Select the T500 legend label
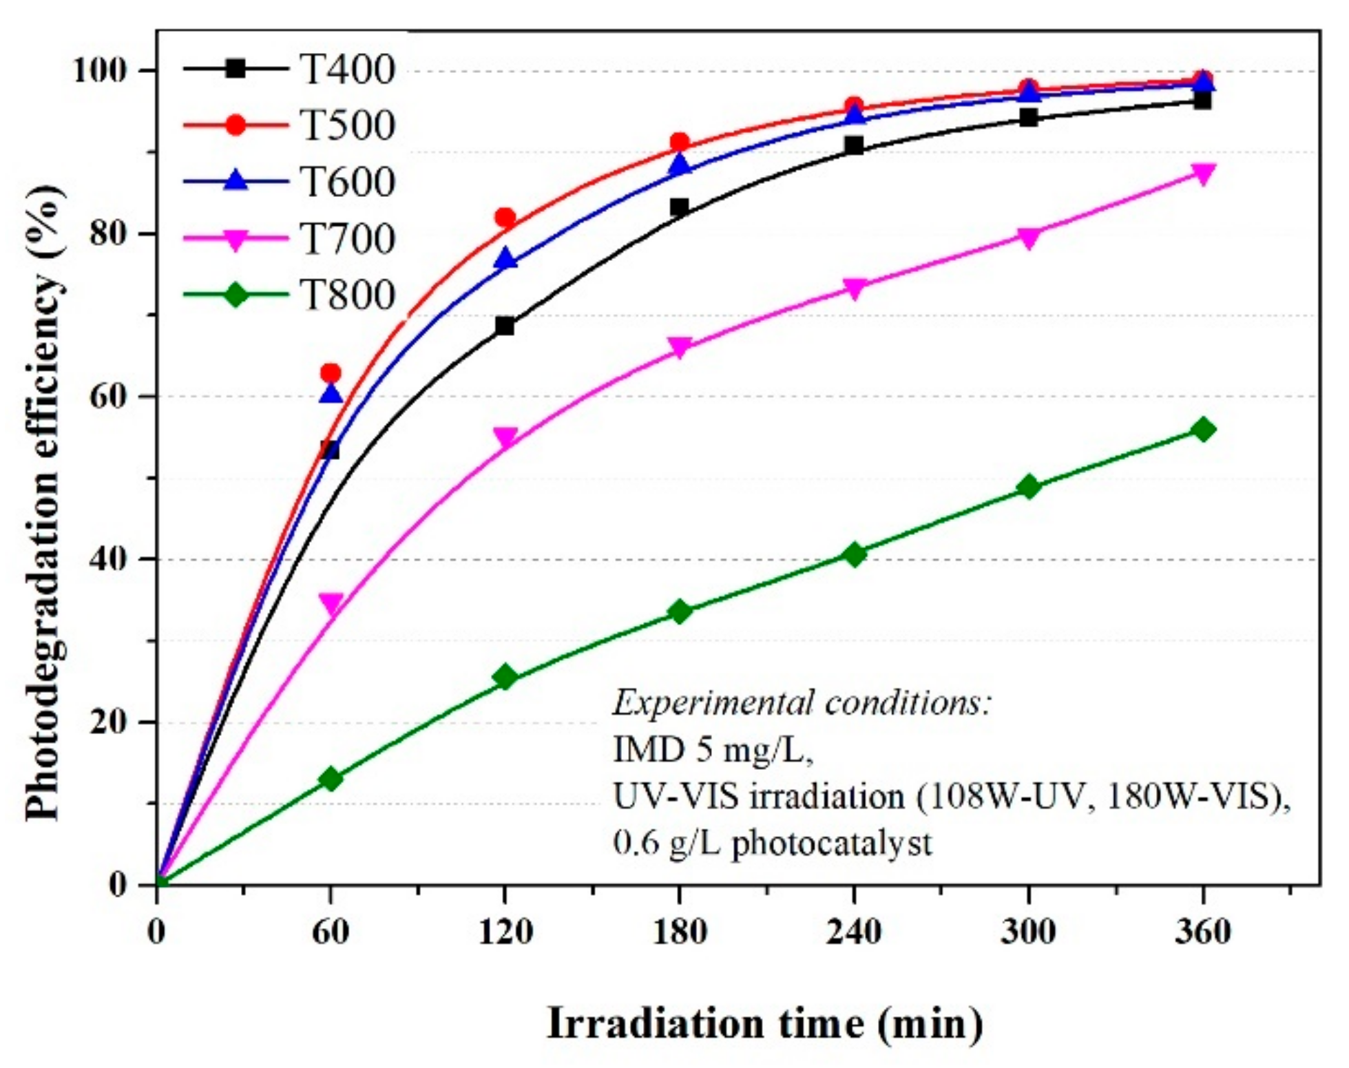tap(347, 125)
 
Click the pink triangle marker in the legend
tap(236, 240)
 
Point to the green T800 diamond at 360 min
tap(1203, 430)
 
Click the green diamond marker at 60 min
tap(331, 779)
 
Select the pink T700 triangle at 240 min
tap(854, 289)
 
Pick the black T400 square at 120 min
tap(505, 326)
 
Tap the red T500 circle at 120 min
tap(505, 218)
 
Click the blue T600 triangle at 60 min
tap(331, 394)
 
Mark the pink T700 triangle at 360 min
tap(1203, 174)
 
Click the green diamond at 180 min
tap(680, 611)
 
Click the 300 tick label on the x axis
tap(1028, 932)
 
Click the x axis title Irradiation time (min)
tap(764, 1023)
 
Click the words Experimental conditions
tap(802, 703)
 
